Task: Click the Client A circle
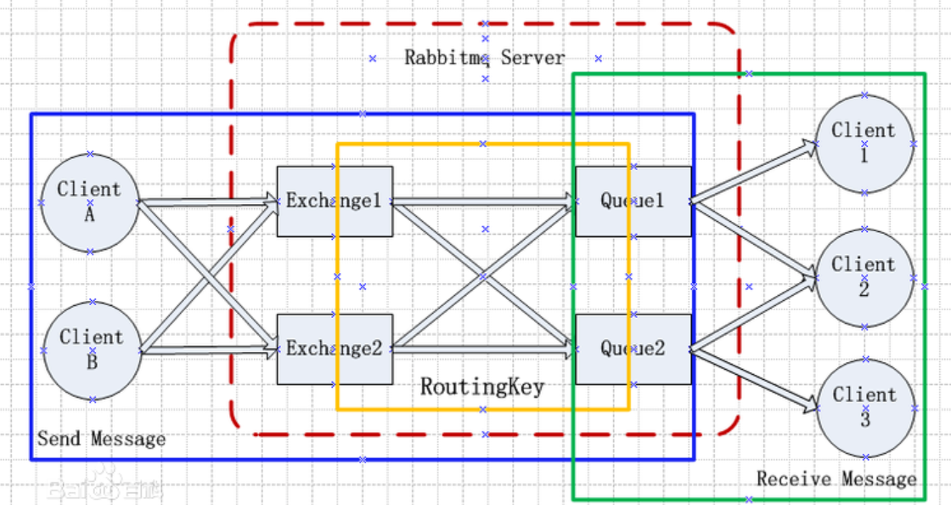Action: point(90,202)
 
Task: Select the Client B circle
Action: point(93,351)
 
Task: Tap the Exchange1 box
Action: point(335,201)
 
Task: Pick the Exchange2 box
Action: point(335,349)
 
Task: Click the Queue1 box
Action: point(633,201)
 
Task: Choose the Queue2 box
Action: point(633,349)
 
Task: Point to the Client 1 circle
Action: point(865,144)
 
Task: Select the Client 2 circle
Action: point(865,278)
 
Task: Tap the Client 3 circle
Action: point(866,408)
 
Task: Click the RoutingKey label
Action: point(483,387)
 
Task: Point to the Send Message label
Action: point(101,438)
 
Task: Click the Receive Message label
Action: point(836,479)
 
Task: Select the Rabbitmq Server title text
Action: point(485,58)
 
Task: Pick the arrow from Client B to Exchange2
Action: point(209,349)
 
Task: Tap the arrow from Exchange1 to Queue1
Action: point(484,201)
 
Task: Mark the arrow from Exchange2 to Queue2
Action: point(484,349)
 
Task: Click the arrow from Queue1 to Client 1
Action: point(754,173)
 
